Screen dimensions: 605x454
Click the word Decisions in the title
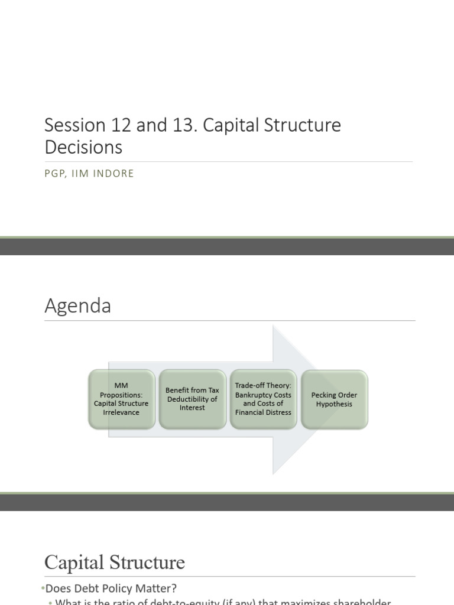(x=83, y=147)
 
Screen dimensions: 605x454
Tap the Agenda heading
(x=77, y=306)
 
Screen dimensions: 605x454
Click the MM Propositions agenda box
(x=121, y=399)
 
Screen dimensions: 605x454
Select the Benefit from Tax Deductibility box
(x=192, y=399)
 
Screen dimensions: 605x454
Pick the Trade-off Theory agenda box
(x=263, y=399)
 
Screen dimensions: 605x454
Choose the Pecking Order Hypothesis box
(x=334, y=399)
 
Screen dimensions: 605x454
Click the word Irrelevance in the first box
(x=121, y=412)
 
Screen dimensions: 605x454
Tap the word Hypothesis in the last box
(x=334, y=404)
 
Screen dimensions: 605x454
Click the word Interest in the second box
(x=192, y=408)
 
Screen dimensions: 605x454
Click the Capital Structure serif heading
(x=115, y=562)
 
